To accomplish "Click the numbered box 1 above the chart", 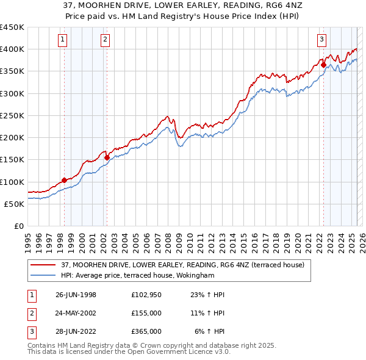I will [x=63, y=40].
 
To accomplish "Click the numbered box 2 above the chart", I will [x=105, y=40].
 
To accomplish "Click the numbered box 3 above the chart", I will [x=321, y=40].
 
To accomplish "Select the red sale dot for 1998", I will [x=64, y=181].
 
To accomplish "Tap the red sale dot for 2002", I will [x=107, y=157].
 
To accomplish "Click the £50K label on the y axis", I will [x=15, y=204].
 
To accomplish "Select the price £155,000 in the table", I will [x=146, y=313].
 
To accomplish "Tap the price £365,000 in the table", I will [x=146, y=331].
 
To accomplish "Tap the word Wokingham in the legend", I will [x=213, y=275].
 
